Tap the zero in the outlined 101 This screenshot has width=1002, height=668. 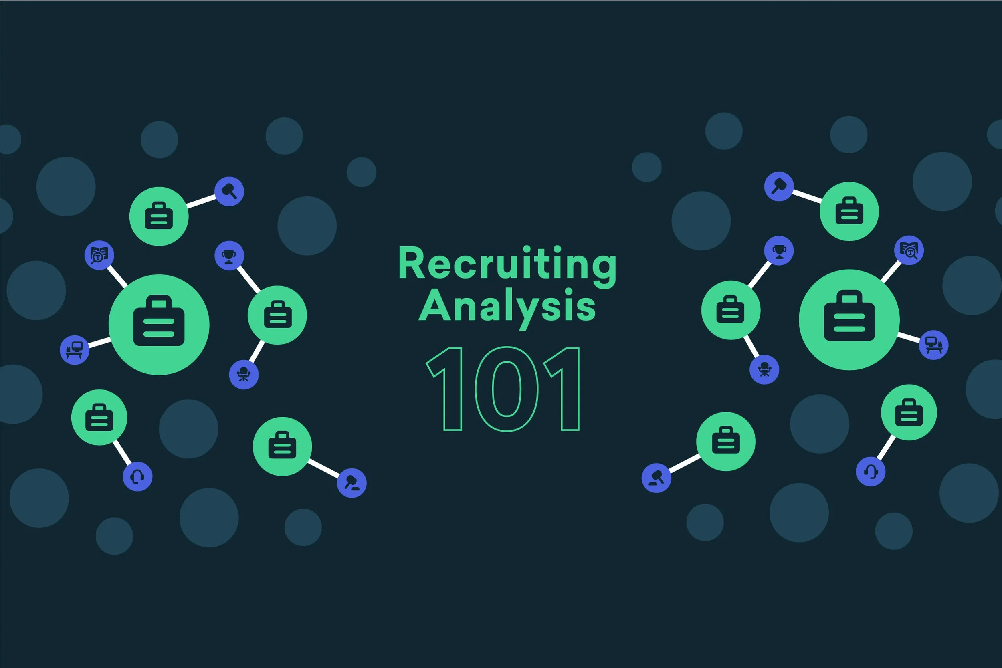point(507,389)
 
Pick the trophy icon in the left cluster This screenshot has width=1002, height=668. point(229,256)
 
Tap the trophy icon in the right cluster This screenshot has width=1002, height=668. point(779,251)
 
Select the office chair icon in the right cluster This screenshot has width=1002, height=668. point(764,370)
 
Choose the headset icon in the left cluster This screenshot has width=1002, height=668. point(137,476)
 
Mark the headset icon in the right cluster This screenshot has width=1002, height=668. point(871,472)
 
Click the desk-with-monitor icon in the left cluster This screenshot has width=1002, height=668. point(75,350)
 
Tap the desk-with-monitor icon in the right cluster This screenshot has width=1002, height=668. point(933,345)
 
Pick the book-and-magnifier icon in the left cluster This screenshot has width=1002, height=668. point(99,255)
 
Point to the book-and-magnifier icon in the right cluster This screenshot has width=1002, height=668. point(909,250)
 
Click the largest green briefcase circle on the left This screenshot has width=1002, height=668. point(159,325)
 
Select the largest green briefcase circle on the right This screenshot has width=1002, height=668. point(849,320)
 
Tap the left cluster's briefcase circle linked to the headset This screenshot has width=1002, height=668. point(99,418)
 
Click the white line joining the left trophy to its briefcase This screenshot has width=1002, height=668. point(248,279)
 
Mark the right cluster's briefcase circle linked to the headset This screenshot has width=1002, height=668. point(909,412)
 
